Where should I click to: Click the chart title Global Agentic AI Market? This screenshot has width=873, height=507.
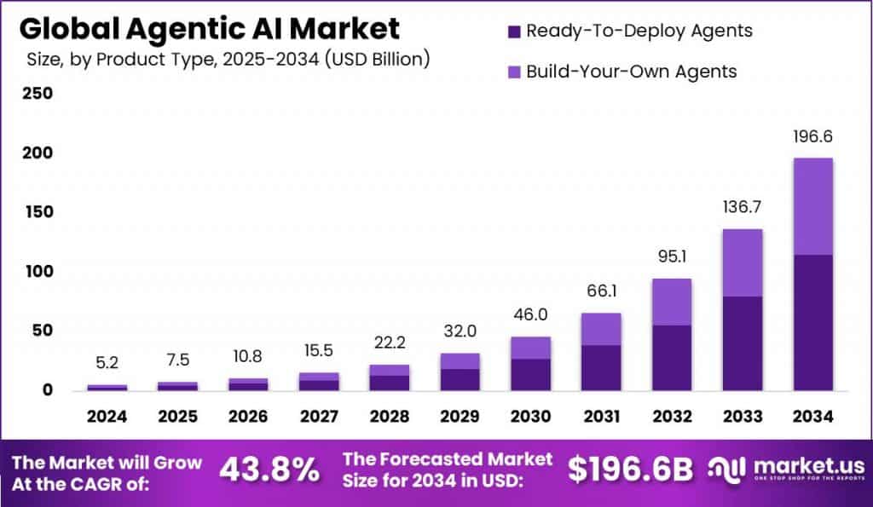209,28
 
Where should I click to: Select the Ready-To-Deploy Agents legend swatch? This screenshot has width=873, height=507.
513,32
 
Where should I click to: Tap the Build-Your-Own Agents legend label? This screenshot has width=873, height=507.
631,72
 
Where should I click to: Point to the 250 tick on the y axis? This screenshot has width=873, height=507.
37,93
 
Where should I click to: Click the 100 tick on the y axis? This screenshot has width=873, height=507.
37,272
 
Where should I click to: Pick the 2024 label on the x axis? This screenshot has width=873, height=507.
107,417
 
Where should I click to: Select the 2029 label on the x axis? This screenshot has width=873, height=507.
460,417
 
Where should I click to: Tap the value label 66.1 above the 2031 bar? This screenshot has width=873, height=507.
601,291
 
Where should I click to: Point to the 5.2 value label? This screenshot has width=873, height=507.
107,364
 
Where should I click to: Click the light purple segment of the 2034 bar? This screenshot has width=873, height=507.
812,206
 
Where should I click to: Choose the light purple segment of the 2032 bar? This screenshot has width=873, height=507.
671,302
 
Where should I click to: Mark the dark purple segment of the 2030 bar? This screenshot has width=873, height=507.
530,374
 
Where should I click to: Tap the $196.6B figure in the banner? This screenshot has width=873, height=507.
630,470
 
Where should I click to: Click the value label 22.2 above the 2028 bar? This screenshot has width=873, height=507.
389,343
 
